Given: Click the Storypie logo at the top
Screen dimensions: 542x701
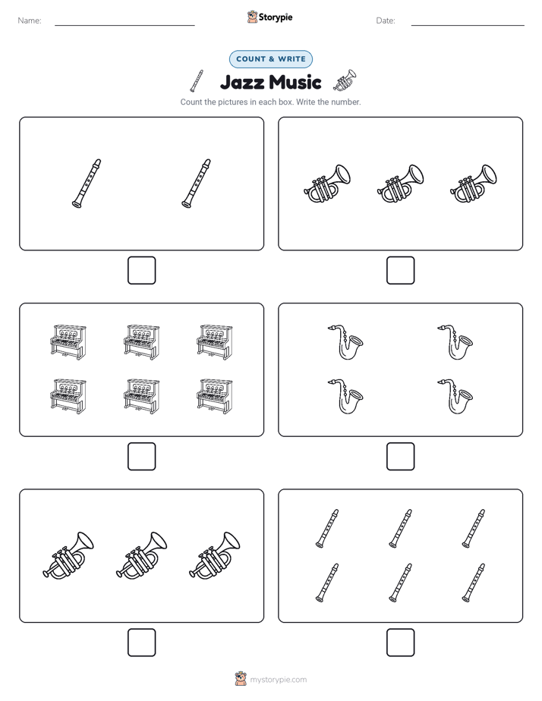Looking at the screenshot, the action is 269,17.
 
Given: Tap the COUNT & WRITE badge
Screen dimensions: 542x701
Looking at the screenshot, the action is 271,59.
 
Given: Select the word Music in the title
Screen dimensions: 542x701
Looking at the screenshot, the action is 295,82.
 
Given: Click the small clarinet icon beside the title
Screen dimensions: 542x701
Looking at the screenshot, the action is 197,81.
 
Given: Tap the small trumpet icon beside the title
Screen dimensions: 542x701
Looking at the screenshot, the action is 345,80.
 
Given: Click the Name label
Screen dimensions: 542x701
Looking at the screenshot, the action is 30,20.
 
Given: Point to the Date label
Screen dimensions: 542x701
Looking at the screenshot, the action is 386,20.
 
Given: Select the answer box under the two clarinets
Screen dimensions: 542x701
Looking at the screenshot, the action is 142,271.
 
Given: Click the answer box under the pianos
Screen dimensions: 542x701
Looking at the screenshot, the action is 142,457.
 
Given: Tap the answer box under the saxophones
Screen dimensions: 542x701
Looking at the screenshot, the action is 401,457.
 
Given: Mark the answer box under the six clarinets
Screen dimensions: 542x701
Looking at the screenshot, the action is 401,643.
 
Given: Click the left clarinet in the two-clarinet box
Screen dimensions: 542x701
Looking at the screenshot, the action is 87,184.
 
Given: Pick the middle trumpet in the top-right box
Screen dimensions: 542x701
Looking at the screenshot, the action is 400,184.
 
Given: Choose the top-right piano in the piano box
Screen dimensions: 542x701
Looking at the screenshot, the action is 215,342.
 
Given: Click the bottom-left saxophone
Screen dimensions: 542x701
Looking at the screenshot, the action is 345,397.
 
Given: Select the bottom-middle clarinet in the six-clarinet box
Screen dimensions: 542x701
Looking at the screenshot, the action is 401,583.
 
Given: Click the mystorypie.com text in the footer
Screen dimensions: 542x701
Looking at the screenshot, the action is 278,680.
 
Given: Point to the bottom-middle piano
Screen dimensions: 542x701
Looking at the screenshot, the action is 142,397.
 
